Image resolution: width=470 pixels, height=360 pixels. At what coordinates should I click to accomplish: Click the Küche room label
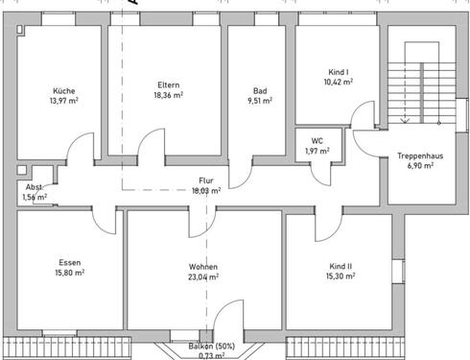coord(64,90)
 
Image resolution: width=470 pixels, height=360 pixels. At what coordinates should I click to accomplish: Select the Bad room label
coord(260,90)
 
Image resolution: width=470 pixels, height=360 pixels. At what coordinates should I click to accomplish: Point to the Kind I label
coord(337,73)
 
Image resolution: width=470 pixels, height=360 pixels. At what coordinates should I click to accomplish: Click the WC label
coord(317,141)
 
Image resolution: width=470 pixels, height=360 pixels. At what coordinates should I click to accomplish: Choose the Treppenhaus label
coord(419,156)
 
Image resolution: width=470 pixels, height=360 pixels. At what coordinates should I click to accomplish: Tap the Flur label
coord(206,180)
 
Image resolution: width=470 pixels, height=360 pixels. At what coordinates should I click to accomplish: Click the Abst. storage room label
coord(34,186)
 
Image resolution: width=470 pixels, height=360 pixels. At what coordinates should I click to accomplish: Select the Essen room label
coord(68,261)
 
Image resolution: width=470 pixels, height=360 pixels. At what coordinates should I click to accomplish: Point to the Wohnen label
coord(202,266)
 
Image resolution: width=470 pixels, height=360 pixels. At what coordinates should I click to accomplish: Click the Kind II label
coord(340,266)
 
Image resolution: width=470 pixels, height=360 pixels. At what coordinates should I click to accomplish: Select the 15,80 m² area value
coord(68,273)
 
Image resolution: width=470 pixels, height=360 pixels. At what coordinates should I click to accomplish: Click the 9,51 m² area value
coord(260,101)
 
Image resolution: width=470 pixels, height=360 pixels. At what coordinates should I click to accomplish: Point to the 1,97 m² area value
coord(317,152)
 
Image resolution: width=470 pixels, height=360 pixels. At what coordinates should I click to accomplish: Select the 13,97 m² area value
coord(64,101)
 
